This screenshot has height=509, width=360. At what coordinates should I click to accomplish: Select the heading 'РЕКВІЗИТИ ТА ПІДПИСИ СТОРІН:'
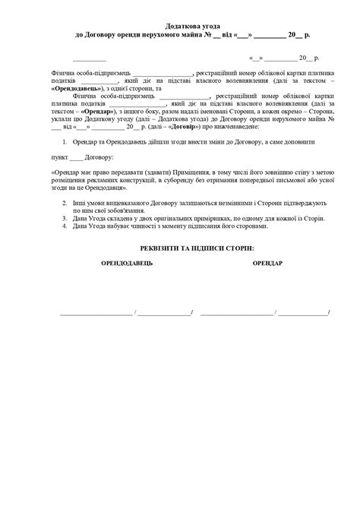click(x=192, y=248)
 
